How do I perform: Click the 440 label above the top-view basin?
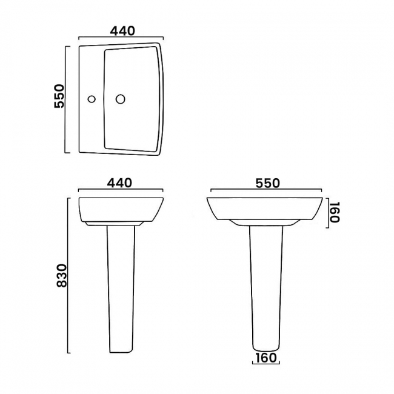[x=121, y=30]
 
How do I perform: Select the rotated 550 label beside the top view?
[x=59, y=96]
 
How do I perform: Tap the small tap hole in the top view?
[x=92, y=98]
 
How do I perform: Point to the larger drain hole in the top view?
[x=120, y=98]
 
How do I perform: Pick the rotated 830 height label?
[x=59, y=276]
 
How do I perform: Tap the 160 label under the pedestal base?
[x=265, y=358]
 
